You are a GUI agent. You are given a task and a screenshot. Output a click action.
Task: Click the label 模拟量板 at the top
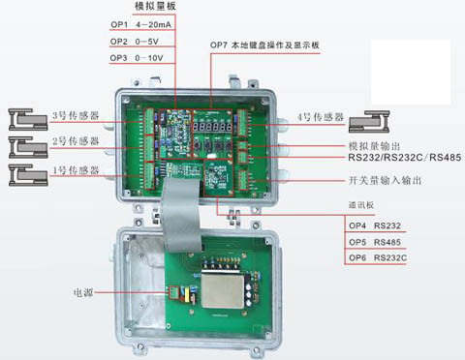pyautogui.click(x=155, y=6)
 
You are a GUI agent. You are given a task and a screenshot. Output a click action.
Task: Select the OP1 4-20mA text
pyautogui.click(x=140, y=24)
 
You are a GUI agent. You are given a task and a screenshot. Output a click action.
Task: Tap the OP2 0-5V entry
pyautogui.click(x=135, y=42)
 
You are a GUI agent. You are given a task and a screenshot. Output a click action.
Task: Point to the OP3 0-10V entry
pyautogui.click(x=137, y=58)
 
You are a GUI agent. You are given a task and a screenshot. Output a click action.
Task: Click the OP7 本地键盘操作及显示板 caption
pyautogui.click(x=264, y=45)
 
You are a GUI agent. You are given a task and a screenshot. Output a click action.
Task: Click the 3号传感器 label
pyautogui.click(x=76, y=115)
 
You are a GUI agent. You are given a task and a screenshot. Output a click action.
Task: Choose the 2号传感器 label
pyautogui.click(x=76, y=141)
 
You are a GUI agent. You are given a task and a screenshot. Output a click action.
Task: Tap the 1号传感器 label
pyautogui.click(x=76, y=170)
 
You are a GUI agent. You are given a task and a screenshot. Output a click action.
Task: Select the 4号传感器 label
pyautogui.click(x=321, y=117)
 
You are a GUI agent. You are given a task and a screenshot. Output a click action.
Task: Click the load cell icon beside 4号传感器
pyautogui.click(x=369, y=122)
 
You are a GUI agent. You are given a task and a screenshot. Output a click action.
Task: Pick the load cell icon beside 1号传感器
pyautogui.click(x=28, y=175)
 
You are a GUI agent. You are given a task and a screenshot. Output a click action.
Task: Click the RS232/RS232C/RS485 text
pyautogui.click(x=405, y=158)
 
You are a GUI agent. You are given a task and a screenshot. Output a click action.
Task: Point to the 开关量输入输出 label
pyautogui.click(x=385, y=180)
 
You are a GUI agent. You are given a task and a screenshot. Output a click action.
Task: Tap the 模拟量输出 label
pyautogui.click(x=374, y=146)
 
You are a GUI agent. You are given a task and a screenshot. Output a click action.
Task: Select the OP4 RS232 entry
pyautogui.click(x=375, y=225)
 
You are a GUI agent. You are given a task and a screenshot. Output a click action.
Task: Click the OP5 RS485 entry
pyautogui.click(x=375, y=242)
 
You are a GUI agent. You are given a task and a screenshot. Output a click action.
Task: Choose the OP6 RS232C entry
pyautogui.click(x=378, y=258)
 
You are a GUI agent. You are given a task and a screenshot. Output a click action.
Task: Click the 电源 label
pyautogui.click(x=83, y=293)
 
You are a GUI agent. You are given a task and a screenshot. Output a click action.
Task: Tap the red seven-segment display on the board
pyautogui.click(x=212, y=126)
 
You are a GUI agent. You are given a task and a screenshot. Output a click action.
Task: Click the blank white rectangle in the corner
pyautogui.click(x=411, y=73)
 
